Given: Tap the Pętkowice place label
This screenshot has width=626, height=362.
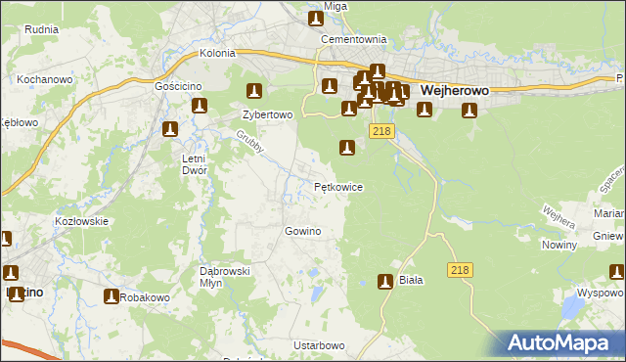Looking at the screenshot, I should click(338, 186).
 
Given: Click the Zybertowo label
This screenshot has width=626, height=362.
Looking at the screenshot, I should click(267, 113).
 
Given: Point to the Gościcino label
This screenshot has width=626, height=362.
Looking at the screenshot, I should click(177, 86).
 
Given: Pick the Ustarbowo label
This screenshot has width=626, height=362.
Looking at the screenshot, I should click(319, 345).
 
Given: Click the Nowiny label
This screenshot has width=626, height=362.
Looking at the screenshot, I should click(559, 245).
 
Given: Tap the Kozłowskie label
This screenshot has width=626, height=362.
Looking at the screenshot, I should click(81, 221).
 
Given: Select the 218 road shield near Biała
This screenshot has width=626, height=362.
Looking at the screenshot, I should click(461, 269).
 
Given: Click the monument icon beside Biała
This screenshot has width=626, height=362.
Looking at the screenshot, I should click(385, 282).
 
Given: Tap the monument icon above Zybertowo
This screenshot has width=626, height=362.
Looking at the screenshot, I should click(254, 92).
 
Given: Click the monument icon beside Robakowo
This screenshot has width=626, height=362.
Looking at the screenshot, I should click(111, 296).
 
